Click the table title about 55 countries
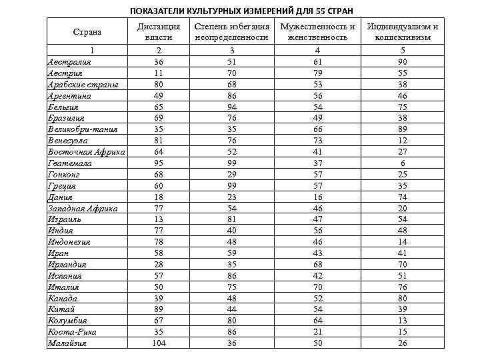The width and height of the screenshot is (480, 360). point(241,11)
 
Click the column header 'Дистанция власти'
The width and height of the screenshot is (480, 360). point(159,32)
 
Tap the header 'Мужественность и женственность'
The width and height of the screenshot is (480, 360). point(317,32)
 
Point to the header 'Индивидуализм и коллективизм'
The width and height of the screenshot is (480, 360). point(412,32)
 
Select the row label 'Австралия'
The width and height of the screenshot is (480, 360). point(69,61)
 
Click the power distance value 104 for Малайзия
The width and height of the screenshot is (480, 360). point(159,343)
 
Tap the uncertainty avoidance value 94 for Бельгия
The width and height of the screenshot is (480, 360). point(231,106)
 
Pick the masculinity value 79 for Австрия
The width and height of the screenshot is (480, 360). point(317,73)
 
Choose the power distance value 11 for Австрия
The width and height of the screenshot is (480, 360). point(159,73)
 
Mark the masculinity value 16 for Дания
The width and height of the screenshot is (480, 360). point(317,197)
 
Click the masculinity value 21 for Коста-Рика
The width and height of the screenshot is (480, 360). point(317,331)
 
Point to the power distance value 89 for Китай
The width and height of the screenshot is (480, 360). point(159,309)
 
